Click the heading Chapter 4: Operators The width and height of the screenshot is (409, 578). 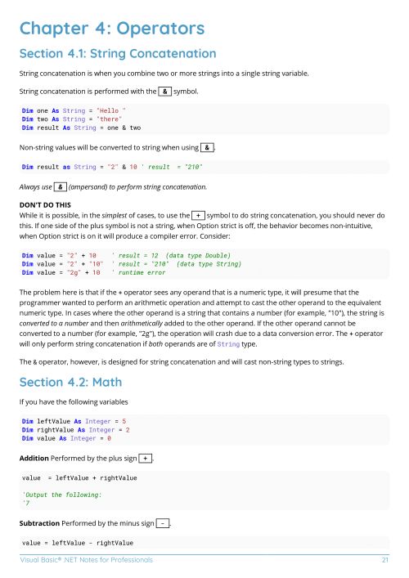tap(111, 29)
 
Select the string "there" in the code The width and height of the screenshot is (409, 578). tap(110, 119)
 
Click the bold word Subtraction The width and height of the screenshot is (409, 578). tap(41, 522)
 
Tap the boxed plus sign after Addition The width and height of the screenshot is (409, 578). tap(146, 457)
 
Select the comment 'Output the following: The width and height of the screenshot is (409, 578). tap(62, 495)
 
